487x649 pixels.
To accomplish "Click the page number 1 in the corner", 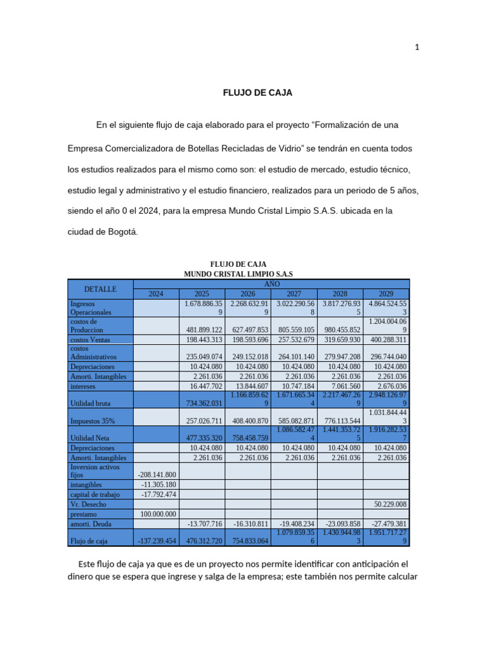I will (x=417, y=47).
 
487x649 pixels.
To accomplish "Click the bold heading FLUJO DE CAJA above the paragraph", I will (x=257, y=93).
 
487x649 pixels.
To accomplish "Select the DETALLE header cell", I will (x=100, y=289).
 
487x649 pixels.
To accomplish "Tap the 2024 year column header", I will (x=155, y=293).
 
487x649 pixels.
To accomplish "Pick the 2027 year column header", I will (x=294, y=293).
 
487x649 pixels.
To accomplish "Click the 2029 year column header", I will (x=386, y=293).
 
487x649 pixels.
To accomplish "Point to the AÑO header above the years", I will (x=271, y=285).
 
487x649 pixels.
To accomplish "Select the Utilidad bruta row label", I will (x=91, y=402).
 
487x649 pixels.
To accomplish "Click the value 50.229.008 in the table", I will (x=386, y=504).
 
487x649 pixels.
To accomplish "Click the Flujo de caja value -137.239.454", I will (x=157, y=541).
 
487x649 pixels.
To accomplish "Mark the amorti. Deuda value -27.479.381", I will (x=386, y=524).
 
